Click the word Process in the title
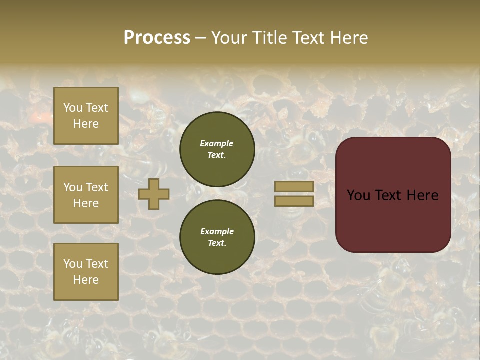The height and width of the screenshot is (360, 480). tap(157, 38)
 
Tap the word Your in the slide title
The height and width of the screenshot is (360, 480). tap(229, 38)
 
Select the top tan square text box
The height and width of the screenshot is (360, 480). tap(86, 116)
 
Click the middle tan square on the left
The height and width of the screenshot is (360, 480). tap(86, 195)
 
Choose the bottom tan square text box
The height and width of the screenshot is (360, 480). tap(86, 272)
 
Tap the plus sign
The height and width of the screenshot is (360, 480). tap(154, 194)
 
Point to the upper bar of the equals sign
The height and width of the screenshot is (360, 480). tap(294, 186)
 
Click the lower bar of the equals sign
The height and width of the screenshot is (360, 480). tap(294, 201)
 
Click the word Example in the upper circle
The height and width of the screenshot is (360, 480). tap(217, 143)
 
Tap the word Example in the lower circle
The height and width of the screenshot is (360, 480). tap(217, 231)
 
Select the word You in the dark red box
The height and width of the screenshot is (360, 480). tap(358, 195)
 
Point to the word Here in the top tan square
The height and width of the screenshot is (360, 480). tap(86, 124)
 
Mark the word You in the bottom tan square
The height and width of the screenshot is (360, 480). tap(73, 264)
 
